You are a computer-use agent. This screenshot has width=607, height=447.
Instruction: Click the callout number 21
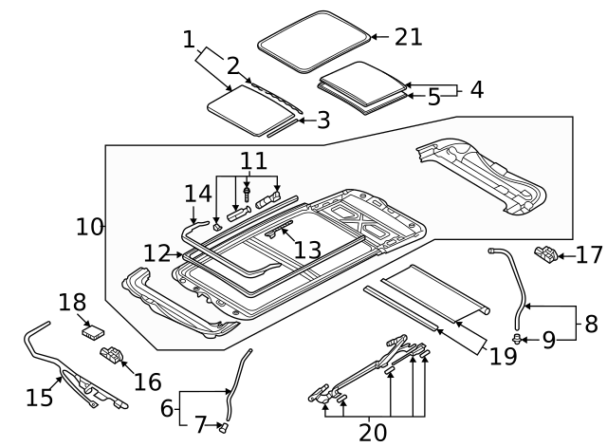coord(408,37)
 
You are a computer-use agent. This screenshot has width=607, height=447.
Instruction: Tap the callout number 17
coord(589,254)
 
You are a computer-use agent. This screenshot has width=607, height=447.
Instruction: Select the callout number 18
coord(73,303)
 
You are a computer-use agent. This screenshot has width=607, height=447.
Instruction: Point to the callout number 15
coord(40,397)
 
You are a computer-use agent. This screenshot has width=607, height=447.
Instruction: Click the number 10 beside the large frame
coord(90,227)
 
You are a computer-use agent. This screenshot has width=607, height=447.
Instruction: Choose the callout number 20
coord(373,432)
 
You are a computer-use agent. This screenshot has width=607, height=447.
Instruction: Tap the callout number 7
coord(200,423)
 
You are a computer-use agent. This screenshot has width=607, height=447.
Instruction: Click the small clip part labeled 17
coord(548,253)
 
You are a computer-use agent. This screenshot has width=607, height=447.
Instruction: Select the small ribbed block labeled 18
coord(94,329)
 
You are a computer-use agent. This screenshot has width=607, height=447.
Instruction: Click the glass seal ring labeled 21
coord(314,38)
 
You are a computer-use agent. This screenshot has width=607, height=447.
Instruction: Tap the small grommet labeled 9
coord(518,338)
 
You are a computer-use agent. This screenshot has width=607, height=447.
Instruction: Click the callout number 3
coord(322,121)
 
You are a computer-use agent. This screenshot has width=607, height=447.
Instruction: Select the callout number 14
coord(196,195)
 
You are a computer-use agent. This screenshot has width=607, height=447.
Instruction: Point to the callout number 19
coord(504,356)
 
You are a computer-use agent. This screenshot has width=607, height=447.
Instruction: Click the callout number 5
coord(432,96)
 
